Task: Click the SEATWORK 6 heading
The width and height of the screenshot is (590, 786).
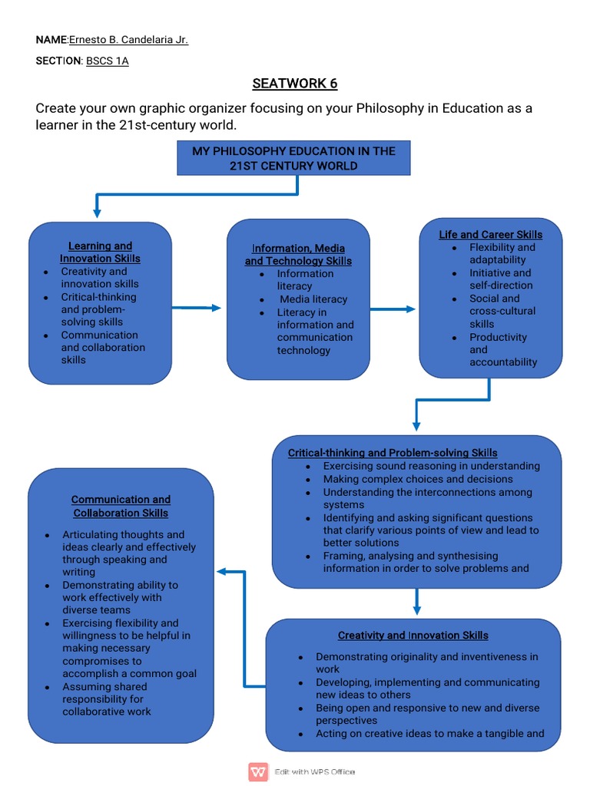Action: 294,84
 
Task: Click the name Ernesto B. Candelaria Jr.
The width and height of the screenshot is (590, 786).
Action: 128,40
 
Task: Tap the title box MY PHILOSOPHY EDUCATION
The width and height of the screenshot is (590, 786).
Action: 293,158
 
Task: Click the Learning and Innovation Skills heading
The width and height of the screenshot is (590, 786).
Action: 101,253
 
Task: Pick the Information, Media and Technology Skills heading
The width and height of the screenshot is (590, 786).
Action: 298,255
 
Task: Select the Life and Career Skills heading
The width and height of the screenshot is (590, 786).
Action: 490,235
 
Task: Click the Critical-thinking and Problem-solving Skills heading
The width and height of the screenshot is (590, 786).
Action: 393,453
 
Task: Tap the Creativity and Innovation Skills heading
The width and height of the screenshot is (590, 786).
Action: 413,636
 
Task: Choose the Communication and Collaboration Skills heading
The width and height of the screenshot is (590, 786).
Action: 121,506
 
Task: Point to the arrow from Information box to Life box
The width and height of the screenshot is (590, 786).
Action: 393,309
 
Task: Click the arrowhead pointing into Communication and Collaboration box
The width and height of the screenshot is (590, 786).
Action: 220,572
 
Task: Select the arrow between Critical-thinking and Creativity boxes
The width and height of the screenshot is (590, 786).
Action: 416,601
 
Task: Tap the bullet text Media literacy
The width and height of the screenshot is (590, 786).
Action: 313,299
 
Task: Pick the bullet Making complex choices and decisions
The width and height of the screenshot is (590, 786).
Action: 407,479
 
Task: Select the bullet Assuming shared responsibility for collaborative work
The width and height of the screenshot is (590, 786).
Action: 107,699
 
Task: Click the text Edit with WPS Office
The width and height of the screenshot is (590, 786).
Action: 315,771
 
